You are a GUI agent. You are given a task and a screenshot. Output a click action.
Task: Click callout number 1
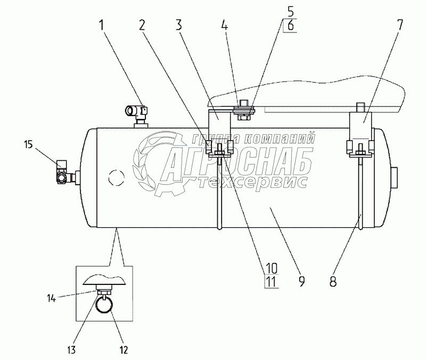102,25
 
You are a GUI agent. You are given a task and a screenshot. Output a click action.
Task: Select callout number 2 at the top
142,25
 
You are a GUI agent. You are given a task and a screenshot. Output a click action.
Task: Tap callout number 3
178,25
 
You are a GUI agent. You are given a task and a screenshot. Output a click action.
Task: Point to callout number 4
224,25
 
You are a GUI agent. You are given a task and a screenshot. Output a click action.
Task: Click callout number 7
399,25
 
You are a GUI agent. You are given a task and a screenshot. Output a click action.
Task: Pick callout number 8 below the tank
333,282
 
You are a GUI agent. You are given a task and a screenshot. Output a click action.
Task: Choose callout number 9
301,282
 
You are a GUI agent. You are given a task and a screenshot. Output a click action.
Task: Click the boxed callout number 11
272,282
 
